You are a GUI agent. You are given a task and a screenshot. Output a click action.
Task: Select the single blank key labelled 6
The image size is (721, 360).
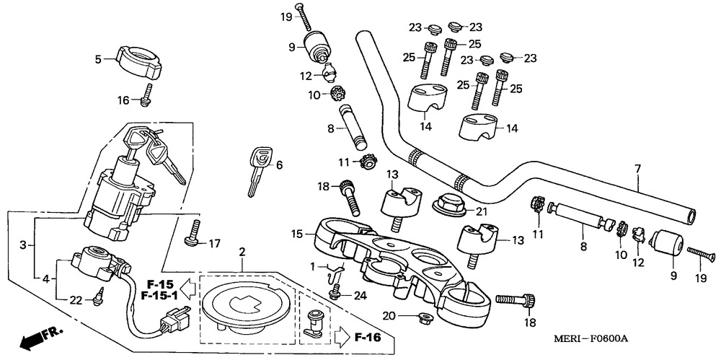258,168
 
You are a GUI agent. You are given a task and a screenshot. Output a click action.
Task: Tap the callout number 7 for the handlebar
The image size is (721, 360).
637,169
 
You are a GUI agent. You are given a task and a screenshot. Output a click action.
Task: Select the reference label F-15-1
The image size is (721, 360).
156,295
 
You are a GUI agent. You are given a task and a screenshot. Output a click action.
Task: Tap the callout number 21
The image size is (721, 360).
481,210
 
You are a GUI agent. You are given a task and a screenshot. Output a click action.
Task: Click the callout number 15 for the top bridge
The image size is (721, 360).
298,234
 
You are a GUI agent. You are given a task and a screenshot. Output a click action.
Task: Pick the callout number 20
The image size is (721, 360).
389,315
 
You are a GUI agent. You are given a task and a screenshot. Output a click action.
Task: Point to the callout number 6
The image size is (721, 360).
279,164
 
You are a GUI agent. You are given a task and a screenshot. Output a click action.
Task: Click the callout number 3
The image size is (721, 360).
24,245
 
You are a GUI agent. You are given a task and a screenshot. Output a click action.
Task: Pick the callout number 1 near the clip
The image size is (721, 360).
311,267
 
